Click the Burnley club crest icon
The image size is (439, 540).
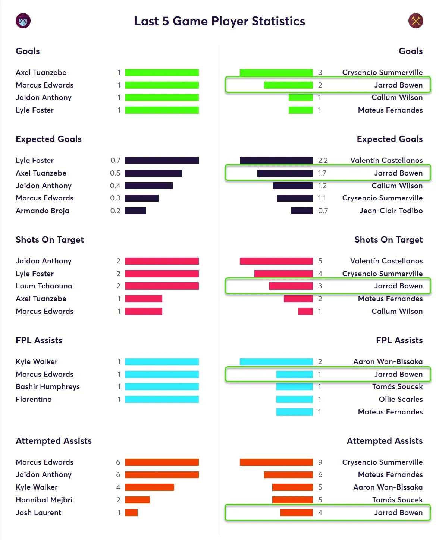(x=23, y=21)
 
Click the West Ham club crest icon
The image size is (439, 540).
(x=416, y=21)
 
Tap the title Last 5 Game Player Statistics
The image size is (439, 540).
(x=219, y=21)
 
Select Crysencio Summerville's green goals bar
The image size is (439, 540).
(x=276, y=72)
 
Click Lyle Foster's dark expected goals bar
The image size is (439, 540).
(x=162, y=161)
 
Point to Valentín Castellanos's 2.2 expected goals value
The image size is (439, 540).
(x=323, y=161)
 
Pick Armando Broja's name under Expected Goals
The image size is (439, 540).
(x=43, y=211)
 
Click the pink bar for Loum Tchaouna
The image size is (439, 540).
(x=162, y=286)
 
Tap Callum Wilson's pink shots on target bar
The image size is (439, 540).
(x=305, y=311)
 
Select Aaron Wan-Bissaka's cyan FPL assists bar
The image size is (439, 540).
(x=276, y=361)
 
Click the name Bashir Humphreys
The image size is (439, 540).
(x=48, y=386)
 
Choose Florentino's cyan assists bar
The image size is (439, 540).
(x=162, y=400)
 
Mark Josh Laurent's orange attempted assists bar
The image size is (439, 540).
(x=131, y=512)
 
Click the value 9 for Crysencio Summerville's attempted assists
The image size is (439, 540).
(x=320, y=462)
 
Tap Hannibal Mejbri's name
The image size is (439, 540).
(x=44, y=500)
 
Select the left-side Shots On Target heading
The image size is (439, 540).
(x=50, y=240)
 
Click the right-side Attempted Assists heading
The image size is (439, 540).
(x=385, y=441)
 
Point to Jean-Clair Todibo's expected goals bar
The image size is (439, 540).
(x=302, y=211)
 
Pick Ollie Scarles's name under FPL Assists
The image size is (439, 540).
(x=401, y=399)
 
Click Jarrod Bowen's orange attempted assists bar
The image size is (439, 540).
(x=297, y=512)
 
